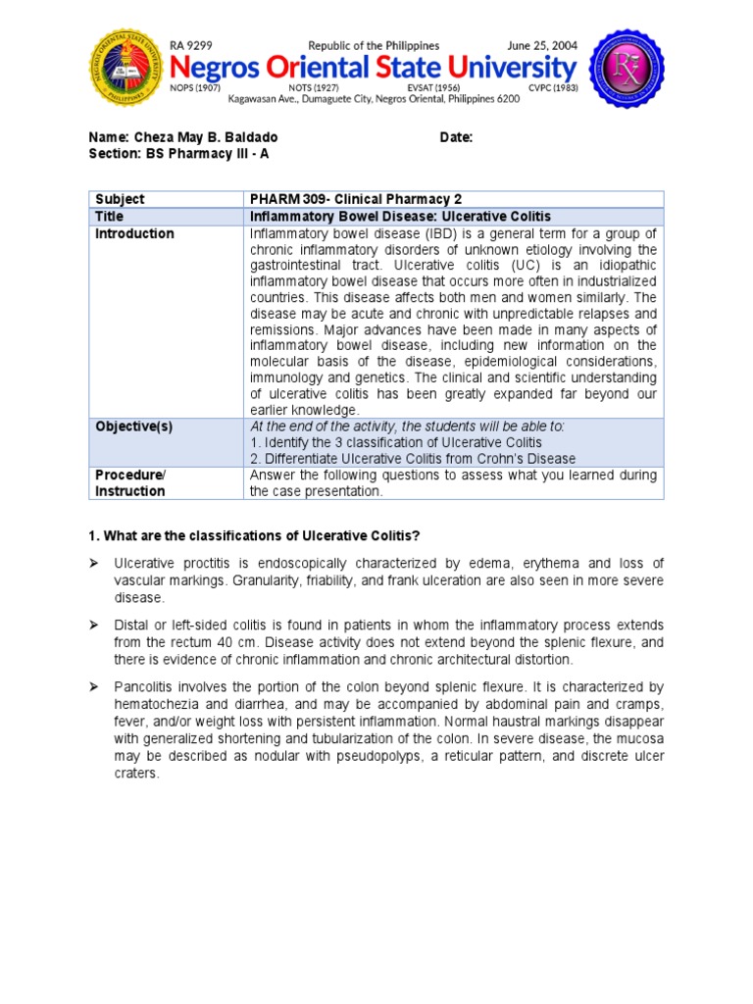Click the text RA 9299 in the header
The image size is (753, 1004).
[191, 45]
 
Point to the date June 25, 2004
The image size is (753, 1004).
[541, 45]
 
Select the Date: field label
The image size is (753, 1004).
[456, 137]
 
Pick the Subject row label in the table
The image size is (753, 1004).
[120, 199]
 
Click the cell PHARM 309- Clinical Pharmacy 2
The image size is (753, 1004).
[354, 199]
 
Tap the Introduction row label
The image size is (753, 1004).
[134, 233]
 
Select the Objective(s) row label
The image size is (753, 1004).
[133, 427]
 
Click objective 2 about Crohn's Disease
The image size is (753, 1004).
[413, 459]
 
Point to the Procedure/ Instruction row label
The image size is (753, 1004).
[130, 483]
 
